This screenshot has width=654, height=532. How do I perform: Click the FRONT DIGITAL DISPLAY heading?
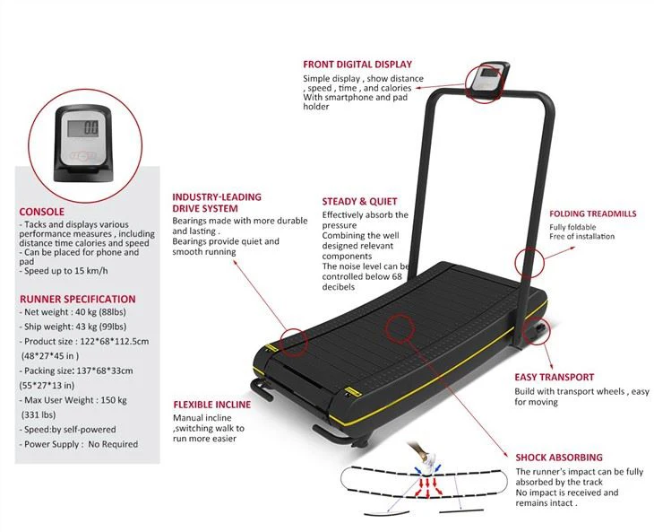click(x=357, y=65)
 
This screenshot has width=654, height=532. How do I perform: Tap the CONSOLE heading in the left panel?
click(x=41, y=213)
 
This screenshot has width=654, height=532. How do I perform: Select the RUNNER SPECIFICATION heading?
click(x=77, y=299)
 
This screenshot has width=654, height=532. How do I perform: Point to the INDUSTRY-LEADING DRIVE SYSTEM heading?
click(x=217, y=203)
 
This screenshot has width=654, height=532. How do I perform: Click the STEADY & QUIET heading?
click(x=359, y=202)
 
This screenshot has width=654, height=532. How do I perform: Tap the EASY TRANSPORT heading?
click(x=554, y=379)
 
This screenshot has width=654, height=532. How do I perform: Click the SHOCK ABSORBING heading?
click(x=558, y=458)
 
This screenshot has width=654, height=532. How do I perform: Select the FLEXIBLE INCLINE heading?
click(x=211, y=405)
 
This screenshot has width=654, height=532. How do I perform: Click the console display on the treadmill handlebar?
click(x=489, y=79)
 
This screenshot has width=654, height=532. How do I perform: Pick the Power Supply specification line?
click(x=81, y=444)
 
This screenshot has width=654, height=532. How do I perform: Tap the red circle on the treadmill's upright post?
click(x=529, y=262)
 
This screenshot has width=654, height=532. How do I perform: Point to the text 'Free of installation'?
click(x=582, y=236)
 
